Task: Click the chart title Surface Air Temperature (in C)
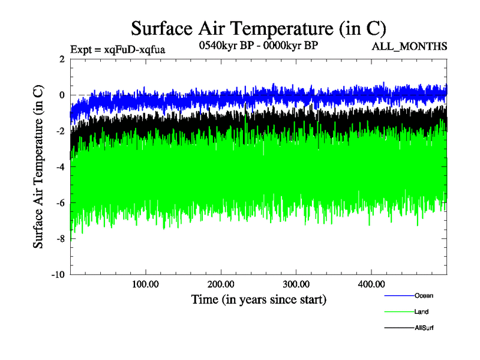click(258, 28)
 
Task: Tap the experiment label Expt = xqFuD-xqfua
click(118, 49)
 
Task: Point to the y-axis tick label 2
click(62, 59)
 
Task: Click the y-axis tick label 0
click(62, 95)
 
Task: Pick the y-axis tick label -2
click(60, 131)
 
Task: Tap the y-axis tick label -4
click(60, 167)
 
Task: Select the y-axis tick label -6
click(60, 203)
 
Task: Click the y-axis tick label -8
click(60, 239)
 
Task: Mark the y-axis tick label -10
click(58, 275)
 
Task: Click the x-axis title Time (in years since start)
click(258, 299)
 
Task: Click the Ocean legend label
click(424, 295)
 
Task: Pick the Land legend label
click(421, 312)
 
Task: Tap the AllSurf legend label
click(424, 328)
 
